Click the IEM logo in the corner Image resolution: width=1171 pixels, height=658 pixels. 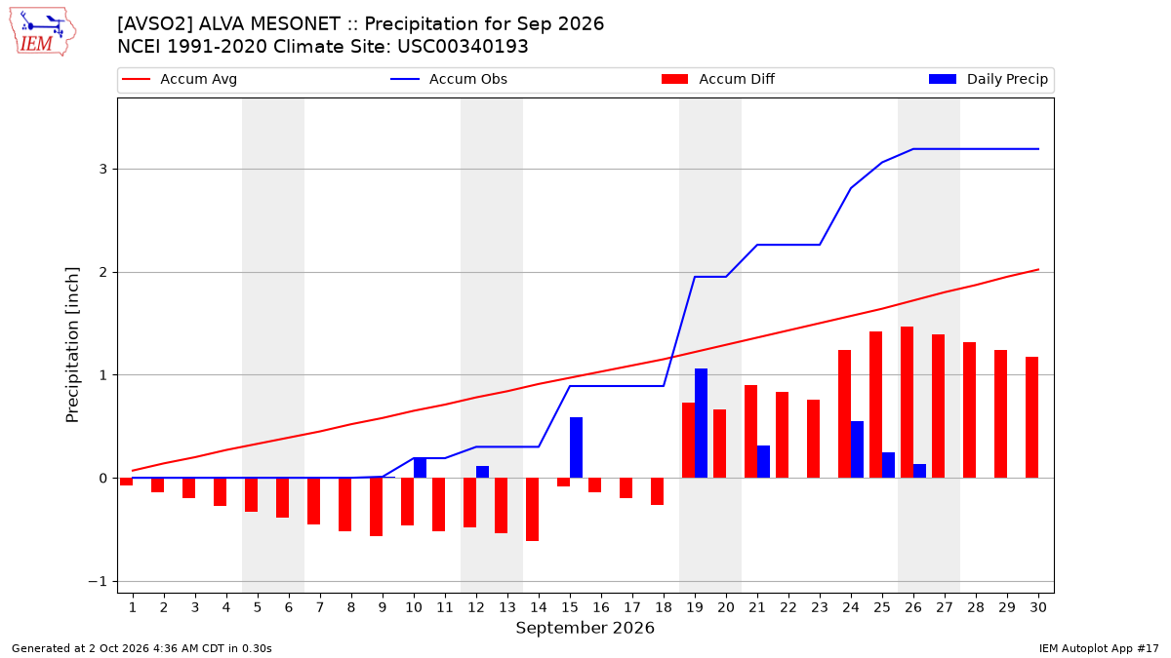point(43,32)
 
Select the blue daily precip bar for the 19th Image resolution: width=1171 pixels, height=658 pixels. point(701,423)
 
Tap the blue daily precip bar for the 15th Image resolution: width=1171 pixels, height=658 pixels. point(576,447)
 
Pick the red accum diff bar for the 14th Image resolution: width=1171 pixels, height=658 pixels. point(532,509)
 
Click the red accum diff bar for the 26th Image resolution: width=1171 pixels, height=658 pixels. point(907,402)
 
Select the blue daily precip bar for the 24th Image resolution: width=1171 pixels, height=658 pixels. point(858,449)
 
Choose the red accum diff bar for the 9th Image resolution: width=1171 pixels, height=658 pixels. point(377,507)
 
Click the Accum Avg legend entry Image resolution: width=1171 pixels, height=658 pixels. point(180,79)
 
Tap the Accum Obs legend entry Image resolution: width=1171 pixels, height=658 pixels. point(449,79)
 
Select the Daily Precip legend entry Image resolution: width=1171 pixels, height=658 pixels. point(988,79)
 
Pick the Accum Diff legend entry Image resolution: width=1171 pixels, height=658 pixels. point(718,79)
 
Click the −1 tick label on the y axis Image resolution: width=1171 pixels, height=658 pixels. point(98,581)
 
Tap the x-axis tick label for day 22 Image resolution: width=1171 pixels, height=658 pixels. point(788,607)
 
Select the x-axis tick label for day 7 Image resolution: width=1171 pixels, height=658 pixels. point(320,607)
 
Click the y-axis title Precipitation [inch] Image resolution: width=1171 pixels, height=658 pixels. point(72,345)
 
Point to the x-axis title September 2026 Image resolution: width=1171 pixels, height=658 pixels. point(585,628)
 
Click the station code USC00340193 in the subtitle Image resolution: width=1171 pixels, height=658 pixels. point(463,47)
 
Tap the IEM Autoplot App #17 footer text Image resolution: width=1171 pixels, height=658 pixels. point(1099,648)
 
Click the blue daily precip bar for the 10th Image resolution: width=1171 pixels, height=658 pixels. point(420,467)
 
